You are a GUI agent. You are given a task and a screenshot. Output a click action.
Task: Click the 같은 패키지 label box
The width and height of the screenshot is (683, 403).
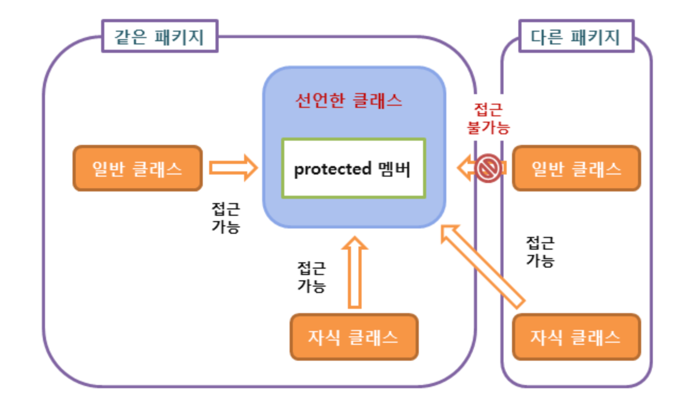click(x=159, y=37)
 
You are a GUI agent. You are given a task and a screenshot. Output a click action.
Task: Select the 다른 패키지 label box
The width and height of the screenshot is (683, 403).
click(x=576, y=37)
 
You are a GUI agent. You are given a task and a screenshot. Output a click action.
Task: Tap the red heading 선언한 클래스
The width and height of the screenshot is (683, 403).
click(x=348, y=100)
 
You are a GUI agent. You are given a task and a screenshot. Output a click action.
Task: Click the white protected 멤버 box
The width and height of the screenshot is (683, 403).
click(x=353, y=168)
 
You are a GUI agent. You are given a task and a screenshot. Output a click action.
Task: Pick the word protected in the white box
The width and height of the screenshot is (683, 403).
click(x=332, y=169)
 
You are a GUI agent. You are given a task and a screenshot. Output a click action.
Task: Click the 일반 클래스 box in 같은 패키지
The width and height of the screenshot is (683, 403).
click(x=137, y=168)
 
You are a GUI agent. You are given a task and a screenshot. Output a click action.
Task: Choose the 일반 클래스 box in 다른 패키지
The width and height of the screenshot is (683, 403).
click(x=576, y=168)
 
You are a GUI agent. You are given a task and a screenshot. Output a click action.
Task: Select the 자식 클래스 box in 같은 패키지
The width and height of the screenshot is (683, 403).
click(x=354, y=337)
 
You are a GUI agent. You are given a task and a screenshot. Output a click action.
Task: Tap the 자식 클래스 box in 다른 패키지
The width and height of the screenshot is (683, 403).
click(x=576, y=337)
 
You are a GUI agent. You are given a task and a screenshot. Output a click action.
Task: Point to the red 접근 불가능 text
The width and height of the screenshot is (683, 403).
click(x=488, y=118)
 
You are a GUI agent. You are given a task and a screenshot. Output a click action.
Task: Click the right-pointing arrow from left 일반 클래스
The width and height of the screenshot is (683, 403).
click(x=233, y=168)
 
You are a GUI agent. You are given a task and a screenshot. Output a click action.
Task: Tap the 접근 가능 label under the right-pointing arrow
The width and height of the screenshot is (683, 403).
click(x=226, y=217)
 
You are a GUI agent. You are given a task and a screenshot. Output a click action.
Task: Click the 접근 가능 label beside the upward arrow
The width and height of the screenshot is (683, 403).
click(x=311, y=277)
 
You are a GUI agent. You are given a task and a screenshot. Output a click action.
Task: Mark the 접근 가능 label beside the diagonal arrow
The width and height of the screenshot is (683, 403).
click(x=540, y=252)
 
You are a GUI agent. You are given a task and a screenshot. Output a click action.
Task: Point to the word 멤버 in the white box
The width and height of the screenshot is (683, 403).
click(x=394, y=169)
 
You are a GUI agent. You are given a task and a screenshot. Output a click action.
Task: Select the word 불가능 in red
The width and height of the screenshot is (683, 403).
click(x=488, y=127)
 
